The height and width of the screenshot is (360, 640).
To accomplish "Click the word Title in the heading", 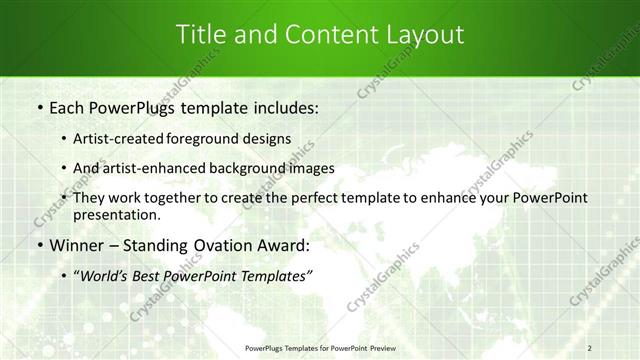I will click(x=200, y=35).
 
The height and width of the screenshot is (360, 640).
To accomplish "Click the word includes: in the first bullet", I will click(x=283, y=107).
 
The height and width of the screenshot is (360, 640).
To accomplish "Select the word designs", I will click(x=267, y=139).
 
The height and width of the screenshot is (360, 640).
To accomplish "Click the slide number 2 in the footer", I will click(x=590, y=348).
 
